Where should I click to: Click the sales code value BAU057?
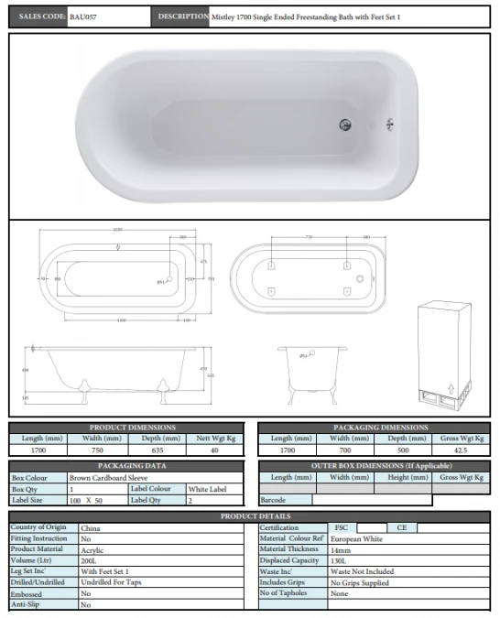click(83, 16)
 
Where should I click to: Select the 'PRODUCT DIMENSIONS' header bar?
click(127, 428)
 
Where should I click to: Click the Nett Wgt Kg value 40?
click(215, 450)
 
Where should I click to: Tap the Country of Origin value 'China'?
click(91, 528)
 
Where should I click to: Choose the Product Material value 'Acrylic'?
click(92, 550)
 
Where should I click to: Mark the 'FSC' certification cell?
click(341, 528)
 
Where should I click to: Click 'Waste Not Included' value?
click(363, 572)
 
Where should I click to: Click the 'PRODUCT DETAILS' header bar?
click(250, 517)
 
